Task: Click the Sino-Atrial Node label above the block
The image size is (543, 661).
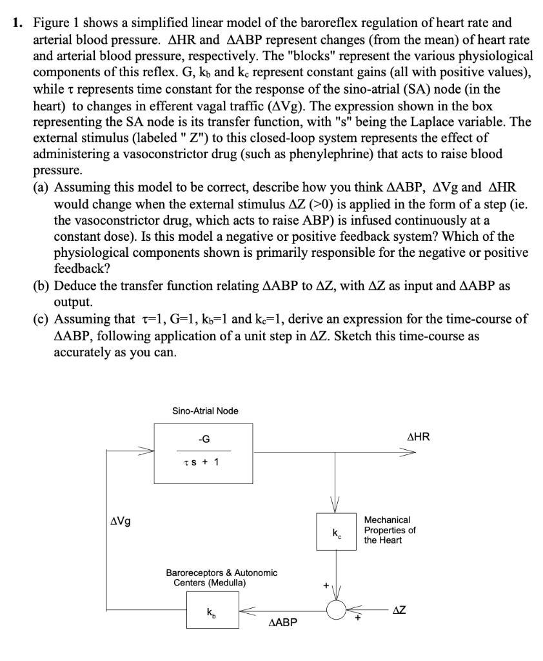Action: tap(205, 411)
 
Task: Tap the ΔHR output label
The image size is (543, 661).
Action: tap(419, 438)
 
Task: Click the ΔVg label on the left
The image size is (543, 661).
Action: tap(120, 522)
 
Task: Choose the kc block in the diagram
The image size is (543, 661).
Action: tap(336, 532)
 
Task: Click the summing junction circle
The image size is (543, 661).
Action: tap(336, 611)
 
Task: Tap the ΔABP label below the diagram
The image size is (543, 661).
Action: tap(281, 624)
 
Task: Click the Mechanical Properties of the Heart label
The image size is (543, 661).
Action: tap(390, 529)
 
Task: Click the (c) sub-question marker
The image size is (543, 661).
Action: tap(42, 320)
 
